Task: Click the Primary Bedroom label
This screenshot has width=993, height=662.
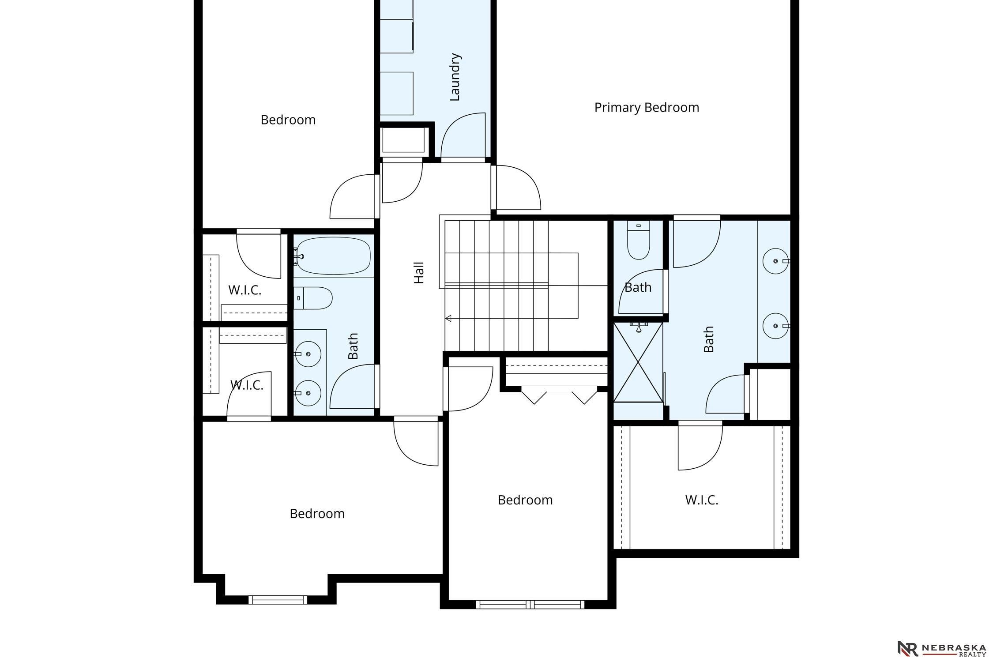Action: (647, 108)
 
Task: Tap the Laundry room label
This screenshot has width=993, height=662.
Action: (455, 77)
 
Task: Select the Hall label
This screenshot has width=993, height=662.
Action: (419, 273)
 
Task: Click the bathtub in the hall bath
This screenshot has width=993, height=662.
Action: (333, 256)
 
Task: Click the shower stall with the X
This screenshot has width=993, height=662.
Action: (638, 362)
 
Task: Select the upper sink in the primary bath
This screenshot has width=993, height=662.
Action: (776, 261)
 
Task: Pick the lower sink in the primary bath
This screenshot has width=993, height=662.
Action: (776, 326)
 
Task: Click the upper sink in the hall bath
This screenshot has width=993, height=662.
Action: (308, 354)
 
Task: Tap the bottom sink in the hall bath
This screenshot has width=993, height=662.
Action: (308, 393)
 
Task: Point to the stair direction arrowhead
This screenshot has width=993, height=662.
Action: (448, 318)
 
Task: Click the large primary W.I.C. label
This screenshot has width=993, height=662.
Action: (702, 500)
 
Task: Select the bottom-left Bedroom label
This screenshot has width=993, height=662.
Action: (317, 514)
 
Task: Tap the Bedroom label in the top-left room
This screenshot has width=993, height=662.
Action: (288, 120)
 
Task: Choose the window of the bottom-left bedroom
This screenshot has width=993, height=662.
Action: (278, 600)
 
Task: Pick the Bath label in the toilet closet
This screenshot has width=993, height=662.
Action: (638, 288)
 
